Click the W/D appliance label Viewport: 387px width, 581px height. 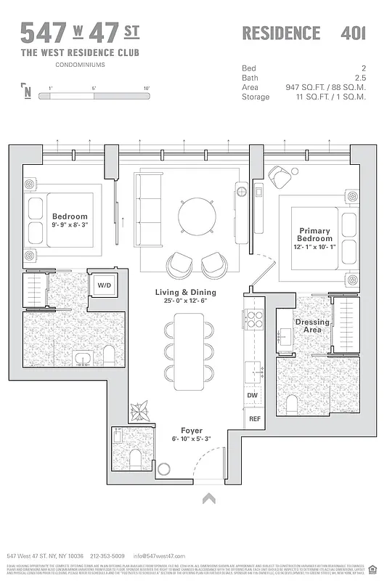tap(105, 285)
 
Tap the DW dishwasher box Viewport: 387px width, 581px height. tap(253, 395)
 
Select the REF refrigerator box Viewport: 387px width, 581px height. tap(254, 419)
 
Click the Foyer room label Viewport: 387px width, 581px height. tap(192, 431)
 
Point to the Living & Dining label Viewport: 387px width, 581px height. tap(185, 292)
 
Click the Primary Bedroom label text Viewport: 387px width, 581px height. tap(315, 235)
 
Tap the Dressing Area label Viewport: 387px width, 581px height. tap(311, 326)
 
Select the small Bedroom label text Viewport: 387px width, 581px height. tap(70, 216)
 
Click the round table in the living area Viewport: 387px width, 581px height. tap(197, 216)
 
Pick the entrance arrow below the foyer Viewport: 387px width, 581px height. tap(209, 498)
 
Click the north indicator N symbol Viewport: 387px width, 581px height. tap(27, 92)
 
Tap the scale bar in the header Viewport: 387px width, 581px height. tap(98, 93)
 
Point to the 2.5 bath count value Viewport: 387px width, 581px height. tap(359, 77)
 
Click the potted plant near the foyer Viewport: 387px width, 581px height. tap(139, 413)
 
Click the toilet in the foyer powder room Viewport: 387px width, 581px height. tap(136, 457)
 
